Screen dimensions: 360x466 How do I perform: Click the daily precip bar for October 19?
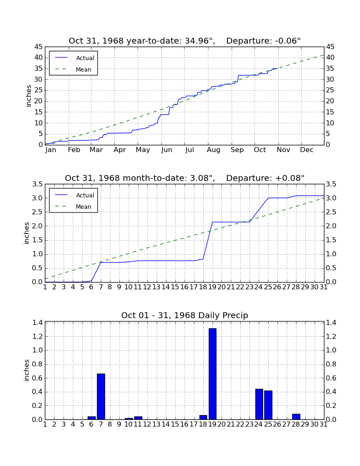[212, 374]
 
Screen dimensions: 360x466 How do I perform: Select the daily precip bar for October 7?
[101, 397]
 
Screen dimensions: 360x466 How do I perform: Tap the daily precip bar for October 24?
[259, 404]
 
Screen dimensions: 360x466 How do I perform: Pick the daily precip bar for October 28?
[296, 417]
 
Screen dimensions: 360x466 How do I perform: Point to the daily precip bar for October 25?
[268, 405]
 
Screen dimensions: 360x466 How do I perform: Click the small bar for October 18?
[203, 417]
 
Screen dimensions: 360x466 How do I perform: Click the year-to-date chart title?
[185, 41]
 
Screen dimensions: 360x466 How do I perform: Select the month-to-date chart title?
[185, 178]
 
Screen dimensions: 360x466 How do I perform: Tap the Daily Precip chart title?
[185, 315]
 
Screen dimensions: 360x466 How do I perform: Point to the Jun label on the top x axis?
[166, 150]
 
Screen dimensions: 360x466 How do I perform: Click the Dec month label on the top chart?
[307, 150]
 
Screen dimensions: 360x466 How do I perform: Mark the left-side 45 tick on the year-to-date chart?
[39, 47]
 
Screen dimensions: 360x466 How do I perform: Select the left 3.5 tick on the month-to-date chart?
[37, 184]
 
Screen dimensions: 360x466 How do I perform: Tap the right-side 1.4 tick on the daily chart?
[331, 323]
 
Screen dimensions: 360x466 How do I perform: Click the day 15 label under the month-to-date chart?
[175, 287]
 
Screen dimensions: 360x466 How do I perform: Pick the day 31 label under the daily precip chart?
[324, 424]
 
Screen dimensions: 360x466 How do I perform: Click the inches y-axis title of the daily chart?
[27, 370]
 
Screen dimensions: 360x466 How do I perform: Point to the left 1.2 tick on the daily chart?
[37, 337]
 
